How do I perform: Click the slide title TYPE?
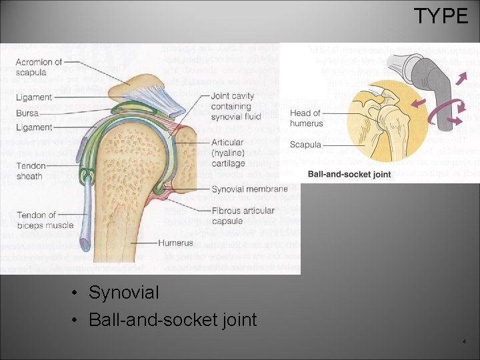pos(441,15)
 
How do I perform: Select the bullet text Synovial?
pos(123,293)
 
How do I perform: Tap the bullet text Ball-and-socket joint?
pos(172,320)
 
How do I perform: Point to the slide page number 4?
pos(464,342)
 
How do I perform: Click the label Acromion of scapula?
pos(39,67)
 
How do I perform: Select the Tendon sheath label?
pos(29,171)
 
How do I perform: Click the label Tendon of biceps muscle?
pos(45,220)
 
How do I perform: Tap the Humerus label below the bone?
pos(175,243)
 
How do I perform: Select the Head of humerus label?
pos(305,117)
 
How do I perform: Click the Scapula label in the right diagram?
pos(305,144)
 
